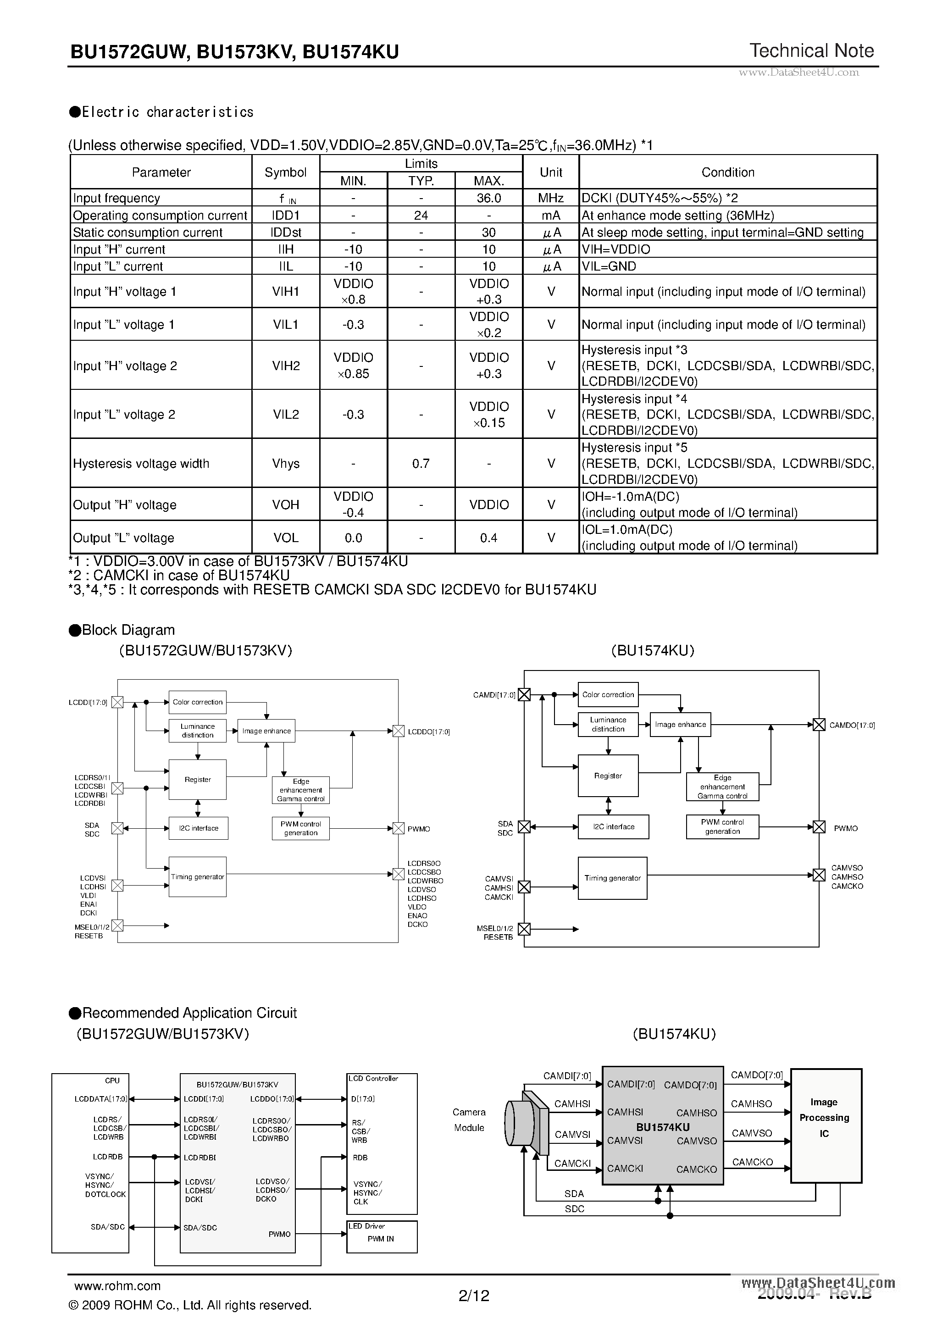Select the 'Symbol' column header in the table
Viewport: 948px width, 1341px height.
285,172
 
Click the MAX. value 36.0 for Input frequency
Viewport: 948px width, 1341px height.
488,198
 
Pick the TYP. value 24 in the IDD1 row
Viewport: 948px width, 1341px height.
421,216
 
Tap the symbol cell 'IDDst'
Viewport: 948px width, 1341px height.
286,233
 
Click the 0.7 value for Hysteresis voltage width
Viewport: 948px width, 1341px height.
421,464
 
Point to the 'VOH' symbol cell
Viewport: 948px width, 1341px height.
286,504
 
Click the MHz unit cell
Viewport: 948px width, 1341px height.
550,198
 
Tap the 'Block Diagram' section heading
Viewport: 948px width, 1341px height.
128,630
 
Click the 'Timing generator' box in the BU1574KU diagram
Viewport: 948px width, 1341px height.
612,878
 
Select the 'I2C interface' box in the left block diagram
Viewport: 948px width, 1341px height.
198,828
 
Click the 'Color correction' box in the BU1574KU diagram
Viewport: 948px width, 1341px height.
608,695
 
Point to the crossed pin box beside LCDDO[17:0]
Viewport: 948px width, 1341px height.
399,731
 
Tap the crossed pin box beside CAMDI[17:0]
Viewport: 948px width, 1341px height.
524,695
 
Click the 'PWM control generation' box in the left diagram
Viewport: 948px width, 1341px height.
300,828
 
